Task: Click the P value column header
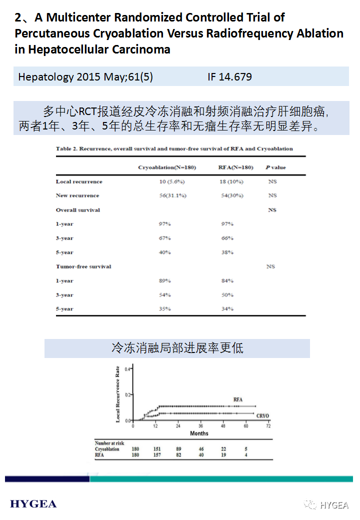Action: point(275,167)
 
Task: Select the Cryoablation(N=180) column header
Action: point(167,167)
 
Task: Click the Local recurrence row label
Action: point(79,181)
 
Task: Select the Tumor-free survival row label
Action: point(83,266)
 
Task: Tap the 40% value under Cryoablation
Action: point(164,252)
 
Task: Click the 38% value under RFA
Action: point(227,252)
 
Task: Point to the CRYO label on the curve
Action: point(263,416)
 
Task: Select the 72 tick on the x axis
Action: point(268,426)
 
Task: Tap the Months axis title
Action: point(199,433)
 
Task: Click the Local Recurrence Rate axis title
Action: point(118,394)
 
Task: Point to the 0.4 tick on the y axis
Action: point(127,369)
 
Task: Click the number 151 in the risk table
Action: point(157,449)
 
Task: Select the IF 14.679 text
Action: point(229,77)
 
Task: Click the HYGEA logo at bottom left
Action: point(33,503)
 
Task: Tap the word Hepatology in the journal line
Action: point(45,77)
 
